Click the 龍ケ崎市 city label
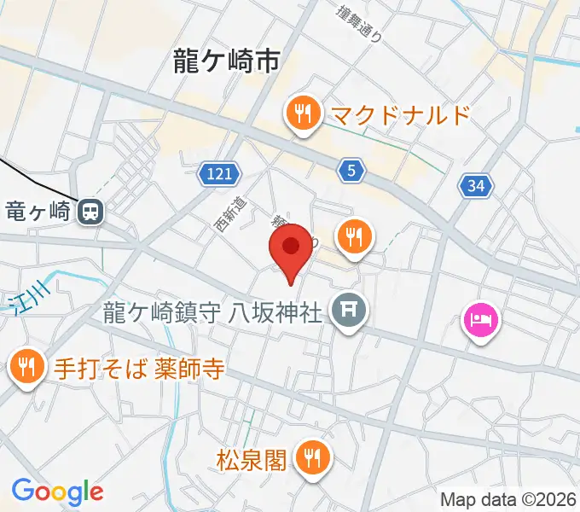[x=226, y=61]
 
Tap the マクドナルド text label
[x=400, y=113]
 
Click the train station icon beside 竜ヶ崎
[x=89, y=210]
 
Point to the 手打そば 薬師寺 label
[x=140, y=369]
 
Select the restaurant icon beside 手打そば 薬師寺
[x=26, y=368]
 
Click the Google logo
[x=57, y=492]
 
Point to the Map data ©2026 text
[x=508, y=499]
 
